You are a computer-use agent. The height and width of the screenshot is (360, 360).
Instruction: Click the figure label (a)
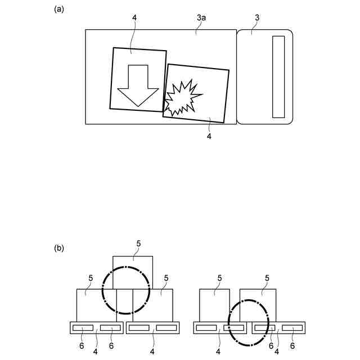coord(58,9)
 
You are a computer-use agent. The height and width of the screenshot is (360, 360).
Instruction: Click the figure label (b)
coord(58,247)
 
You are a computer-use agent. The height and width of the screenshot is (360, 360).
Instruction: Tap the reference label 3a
coord(201,19)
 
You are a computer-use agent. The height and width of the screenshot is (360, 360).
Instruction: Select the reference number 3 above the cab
coord(257,18)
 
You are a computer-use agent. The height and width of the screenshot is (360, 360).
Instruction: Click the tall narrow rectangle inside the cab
coord(278,76)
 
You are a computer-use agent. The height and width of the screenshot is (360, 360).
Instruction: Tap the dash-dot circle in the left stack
coord(126,290)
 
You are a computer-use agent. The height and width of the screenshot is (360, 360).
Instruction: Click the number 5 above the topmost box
coord(138,243)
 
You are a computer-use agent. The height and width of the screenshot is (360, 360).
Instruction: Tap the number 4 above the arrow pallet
coord(134,19)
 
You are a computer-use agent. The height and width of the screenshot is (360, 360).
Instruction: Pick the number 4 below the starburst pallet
coord(209,136)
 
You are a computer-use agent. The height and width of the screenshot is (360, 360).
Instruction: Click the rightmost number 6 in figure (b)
coord(292,345)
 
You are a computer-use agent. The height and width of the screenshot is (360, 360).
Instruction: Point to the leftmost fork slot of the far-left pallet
coord(83,328)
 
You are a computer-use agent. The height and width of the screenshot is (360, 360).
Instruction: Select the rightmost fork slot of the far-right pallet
coord(291,328)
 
